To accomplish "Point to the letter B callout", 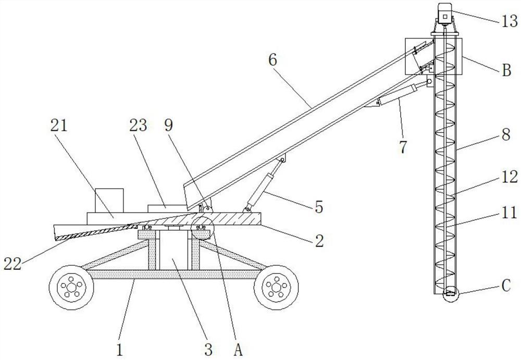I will [x=505, y=71].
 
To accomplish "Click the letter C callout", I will [x=505, y=285].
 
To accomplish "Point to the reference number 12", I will [x=510, y=178].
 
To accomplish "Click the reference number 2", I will [x=318, y=241].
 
